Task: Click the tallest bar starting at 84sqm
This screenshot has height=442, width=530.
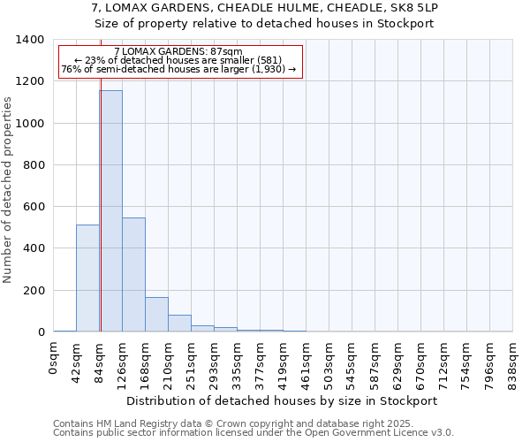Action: (110, 212)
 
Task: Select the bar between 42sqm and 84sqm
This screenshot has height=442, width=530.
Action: (87, 278)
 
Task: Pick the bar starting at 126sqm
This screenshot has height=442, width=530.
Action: (133, 275)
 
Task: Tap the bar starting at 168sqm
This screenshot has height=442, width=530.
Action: (156, 315)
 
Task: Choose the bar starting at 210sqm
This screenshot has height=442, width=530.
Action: (179, 324)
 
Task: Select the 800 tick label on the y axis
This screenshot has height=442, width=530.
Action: (34, 165)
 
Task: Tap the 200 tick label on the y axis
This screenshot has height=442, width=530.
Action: (34, 291)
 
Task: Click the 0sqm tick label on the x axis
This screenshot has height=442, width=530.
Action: (54, 361)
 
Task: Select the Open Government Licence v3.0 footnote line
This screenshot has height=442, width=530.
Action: (254, 433)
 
